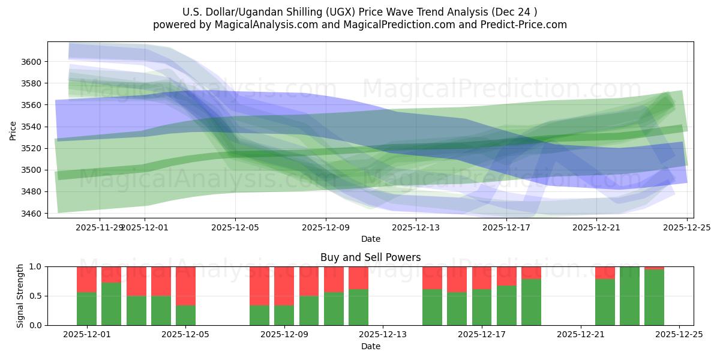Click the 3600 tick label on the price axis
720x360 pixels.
(x=32, y=62)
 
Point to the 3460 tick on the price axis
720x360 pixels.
(x=32, y=214)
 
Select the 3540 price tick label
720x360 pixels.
(x=32, y=127)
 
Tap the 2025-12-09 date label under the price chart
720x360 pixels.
(x=325, y=227)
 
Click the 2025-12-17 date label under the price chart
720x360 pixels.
(x=506, y=227)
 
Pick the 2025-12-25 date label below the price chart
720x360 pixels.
(x=686, y=227)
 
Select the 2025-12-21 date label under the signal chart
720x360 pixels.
(x=581, y=335)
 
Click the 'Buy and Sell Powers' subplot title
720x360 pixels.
(x=370, y=257)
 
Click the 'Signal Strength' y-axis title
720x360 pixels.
(x=20, y=296)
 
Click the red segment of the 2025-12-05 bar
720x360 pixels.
(x=185, y=286)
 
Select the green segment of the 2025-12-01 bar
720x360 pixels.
(x=86, y=309)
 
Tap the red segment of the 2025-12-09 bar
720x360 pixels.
(x=284, y=286)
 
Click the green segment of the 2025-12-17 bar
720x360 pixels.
(x=482, y=307)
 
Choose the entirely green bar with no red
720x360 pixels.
(x=629, y=296)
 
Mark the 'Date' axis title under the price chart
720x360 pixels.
(x=370, y=239)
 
